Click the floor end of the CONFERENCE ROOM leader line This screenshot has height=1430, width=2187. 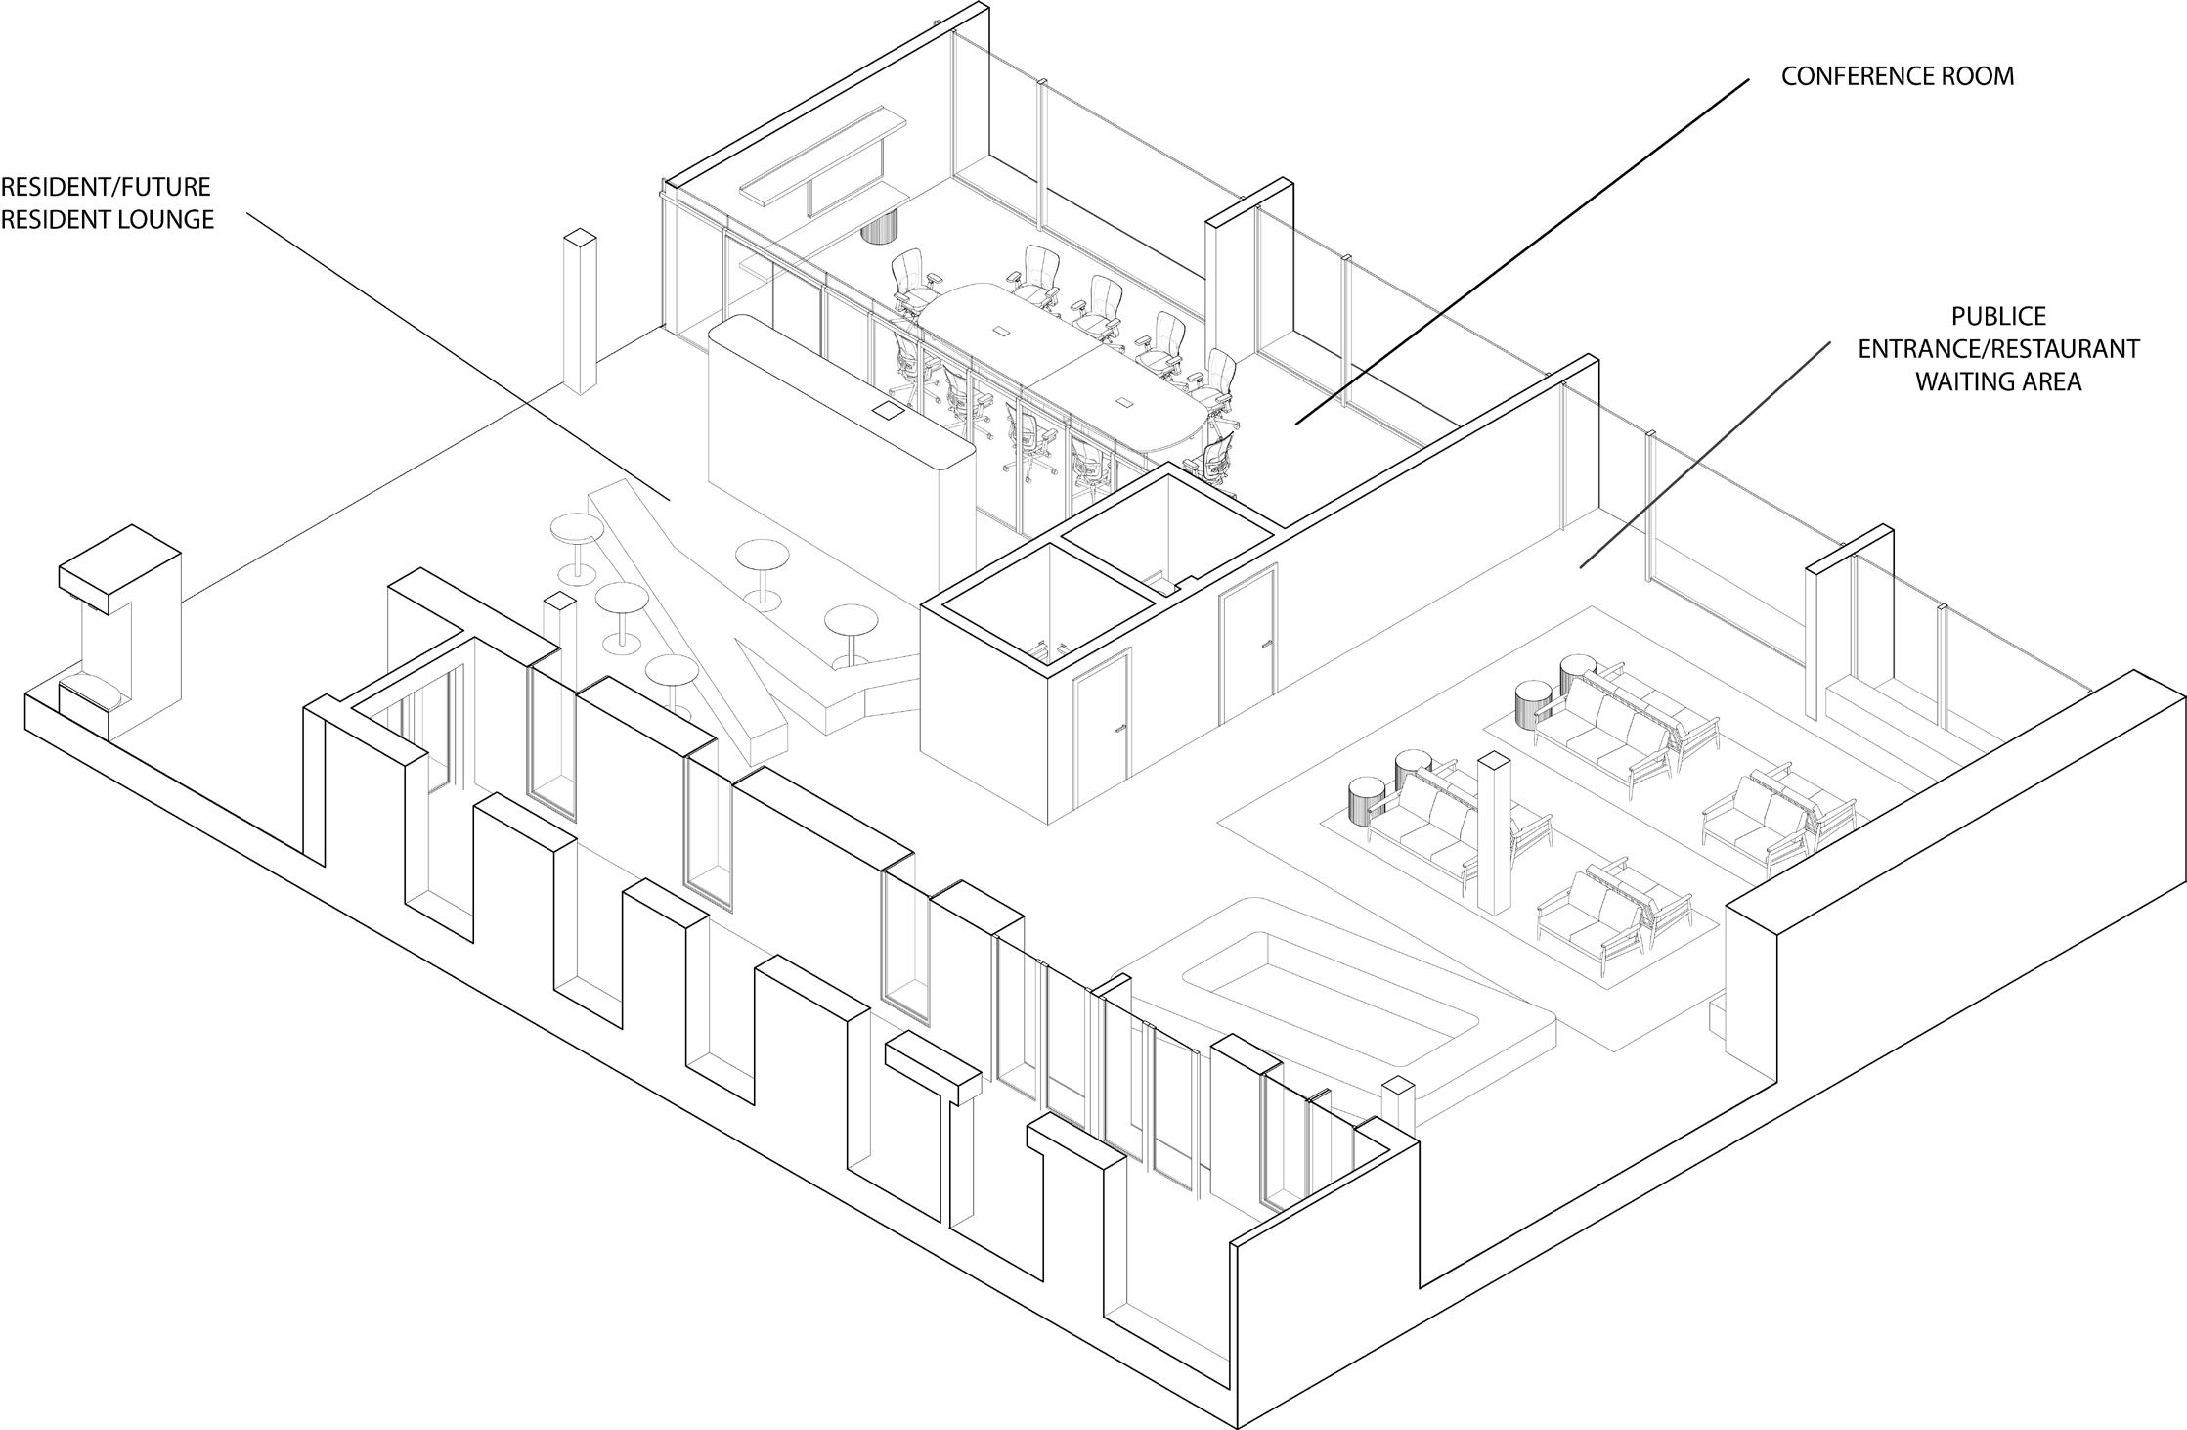click(1297, 423)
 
